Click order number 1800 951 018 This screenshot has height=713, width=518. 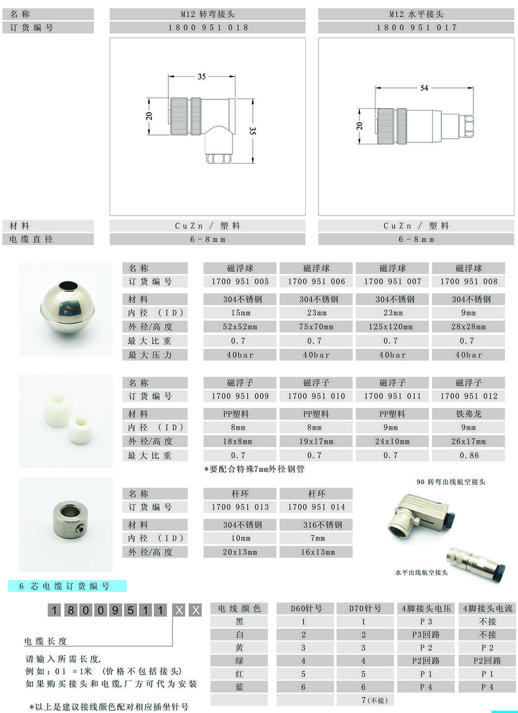tap(208, 28)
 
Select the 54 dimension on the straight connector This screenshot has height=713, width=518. tap(424, 88)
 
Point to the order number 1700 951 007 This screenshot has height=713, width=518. tap(393, 281)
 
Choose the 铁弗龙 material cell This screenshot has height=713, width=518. tap(469, 414)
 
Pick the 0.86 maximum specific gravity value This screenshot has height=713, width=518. tap(469, 455)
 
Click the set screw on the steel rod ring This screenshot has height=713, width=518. tap(81, 529)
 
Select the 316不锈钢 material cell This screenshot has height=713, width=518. tap(322, 525)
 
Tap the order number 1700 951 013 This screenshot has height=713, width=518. tap(240, 507)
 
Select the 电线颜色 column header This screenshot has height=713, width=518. tap(239, 608)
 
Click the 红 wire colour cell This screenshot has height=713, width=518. tap(239, 674)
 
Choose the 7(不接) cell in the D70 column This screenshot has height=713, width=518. tap(375, 700)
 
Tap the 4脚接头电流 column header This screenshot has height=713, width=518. tap(487, 608)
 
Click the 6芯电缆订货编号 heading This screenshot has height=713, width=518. tap(64, 586)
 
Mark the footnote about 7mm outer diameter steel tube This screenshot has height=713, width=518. tap(254, 469)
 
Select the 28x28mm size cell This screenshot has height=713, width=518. tap(468, 327)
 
